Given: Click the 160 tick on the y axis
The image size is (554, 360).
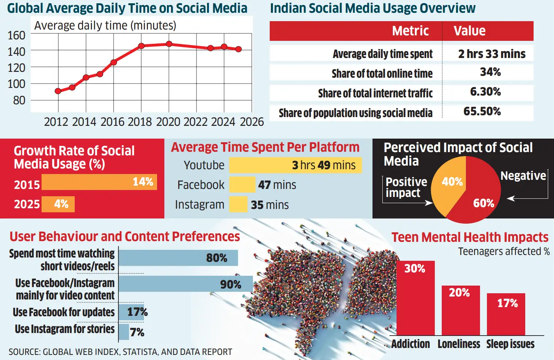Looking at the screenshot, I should pyautogui.click(x=16, y=35).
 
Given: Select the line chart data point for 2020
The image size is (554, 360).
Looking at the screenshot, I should pyautogui.click(x=169, y=44).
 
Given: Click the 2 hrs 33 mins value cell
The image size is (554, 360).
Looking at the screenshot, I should pyautogui.click(x=492, y=54).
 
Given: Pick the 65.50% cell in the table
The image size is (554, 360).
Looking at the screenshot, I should pyautogui.click(x=482, y=111).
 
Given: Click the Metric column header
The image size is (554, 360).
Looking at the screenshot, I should pyautogui.click(x=410, y=31).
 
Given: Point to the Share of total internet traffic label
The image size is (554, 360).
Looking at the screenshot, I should pyautogui.click(x=375, y=93).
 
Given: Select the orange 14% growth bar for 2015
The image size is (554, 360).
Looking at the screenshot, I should pyautogui.click(x=99, y=182).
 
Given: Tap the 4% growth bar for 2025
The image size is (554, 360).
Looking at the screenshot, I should pyautogui.click(x=58, y=204).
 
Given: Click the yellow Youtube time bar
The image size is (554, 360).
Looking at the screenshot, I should pyautogui.click(x=295, y=165).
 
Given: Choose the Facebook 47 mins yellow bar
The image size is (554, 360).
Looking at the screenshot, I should pyautogui.click(x=242, y=185).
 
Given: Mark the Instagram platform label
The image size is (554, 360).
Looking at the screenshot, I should pyautogui.click(x=199, y=205).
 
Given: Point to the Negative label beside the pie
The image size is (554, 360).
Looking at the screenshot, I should pyautogui.click(x=523, y=176).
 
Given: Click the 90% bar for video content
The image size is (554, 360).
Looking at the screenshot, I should pyautogui.click(x=186, y=284).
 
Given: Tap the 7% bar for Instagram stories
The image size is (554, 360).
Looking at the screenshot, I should pyautogui.click(x=124, y=332).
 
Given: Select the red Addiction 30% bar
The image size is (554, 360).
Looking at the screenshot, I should pyautogui.click(x=415, y=298).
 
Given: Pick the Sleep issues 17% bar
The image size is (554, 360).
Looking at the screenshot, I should pyautogui.click(x=506, y=314).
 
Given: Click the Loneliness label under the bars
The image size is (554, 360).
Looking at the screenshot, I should pyautogui.click(x=459, y=344).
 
